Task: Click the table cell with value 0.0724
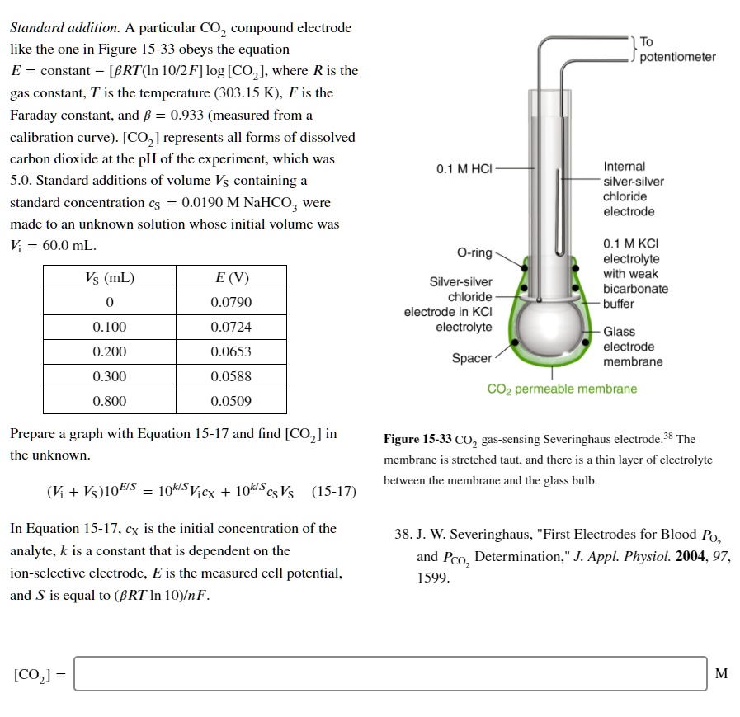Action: [x=231, y=328]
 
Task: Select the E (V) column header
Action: [x=231, y=278]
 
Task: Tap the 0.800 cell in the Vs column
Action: [x=110, y=402]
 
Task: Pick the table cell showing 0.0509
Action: [x=231, y=402]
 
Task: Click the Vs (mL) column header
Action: [x=110, y=278]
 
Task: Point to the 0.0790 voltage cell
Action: [x=231, y=303]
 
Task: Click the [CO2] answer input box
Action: [x=390, y=673]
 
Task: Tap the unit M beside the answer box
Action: [x=721, y=673]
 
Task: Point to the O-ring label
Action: [x=475, y=252]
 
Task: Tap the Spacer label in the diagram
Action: [x=471, y=358]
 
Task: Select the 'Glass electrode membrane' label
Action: [x=632, y=347]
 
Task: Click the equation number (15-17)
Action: [x=334, y=492]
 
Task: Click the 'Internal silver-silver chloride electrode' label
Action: [x=633, y=189]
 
